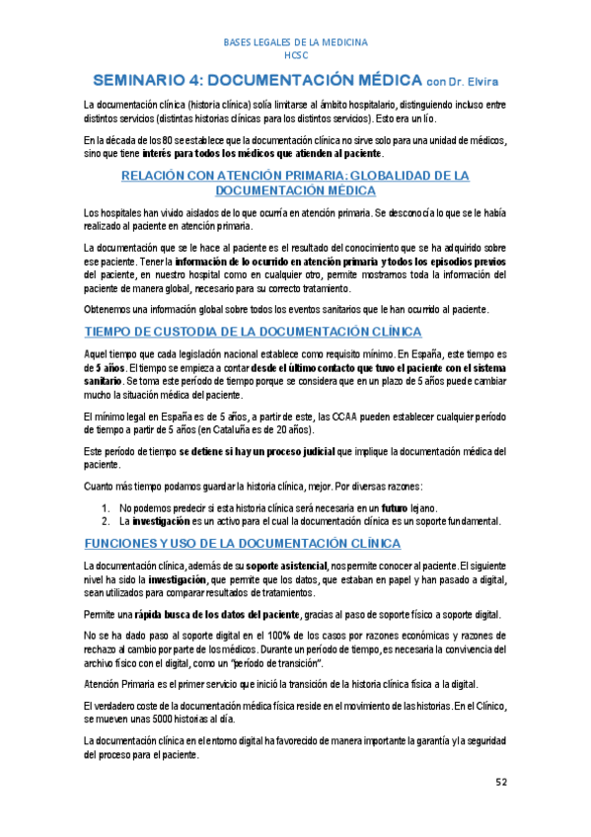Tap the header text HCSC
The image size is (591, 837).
[296, 55]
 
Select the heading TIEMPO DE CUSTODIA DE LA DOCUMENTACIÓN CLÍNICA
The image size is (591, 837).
[254, 331]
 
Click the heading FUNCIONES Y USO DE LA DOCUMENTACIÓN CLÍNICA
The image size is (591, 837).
[243, 544]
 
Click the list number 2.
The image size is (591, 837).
[106, 520]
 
